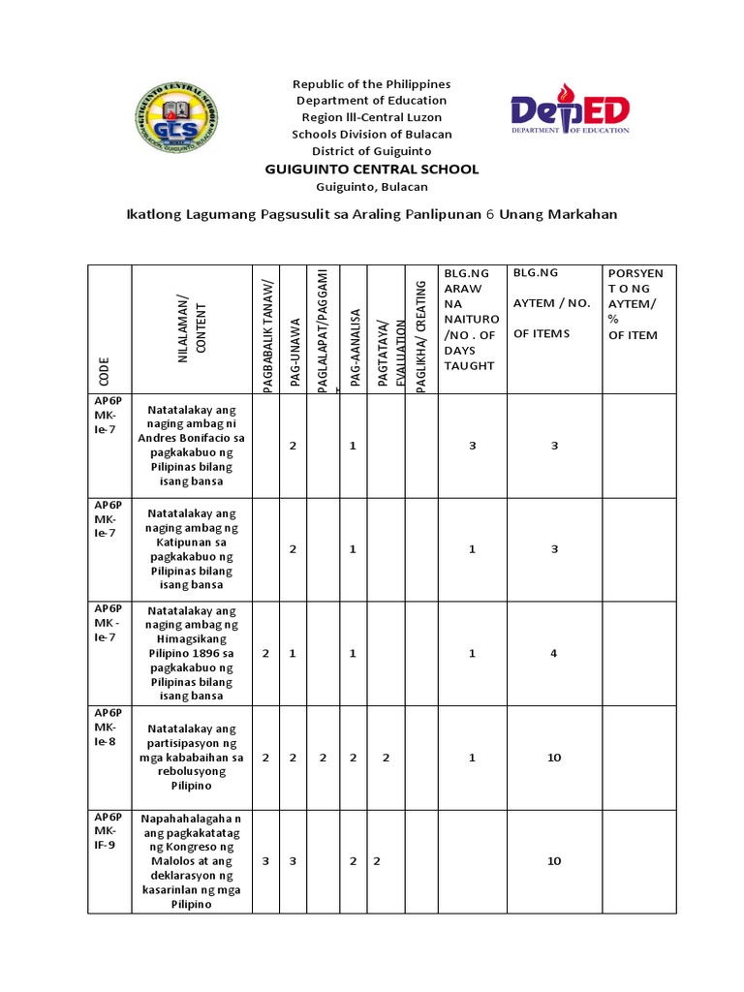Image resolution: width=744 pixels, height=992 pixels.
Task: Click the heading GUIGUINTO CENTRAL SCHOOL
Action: click(x=372, y=170)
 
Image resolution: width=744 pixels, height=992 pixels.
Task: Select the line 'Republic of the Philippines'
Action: click(x=372, y=84)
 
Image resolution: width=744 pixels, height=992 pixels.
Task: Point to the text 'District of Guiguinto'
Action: click(x=372, y=151)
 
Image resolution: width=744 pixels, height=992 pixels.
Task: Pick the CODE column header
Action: click(x=104, y=369)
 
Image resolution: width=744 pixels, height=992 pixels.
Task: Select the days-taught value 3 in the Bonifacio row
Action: click(x=472, y=446)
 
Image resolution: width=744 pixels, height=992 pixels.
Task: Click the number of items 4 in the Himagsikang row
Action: click(x=553, y=654)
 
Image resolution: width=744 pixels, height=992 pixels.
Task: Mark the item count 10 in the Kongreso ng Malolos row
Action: click(x=553, y=861)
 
